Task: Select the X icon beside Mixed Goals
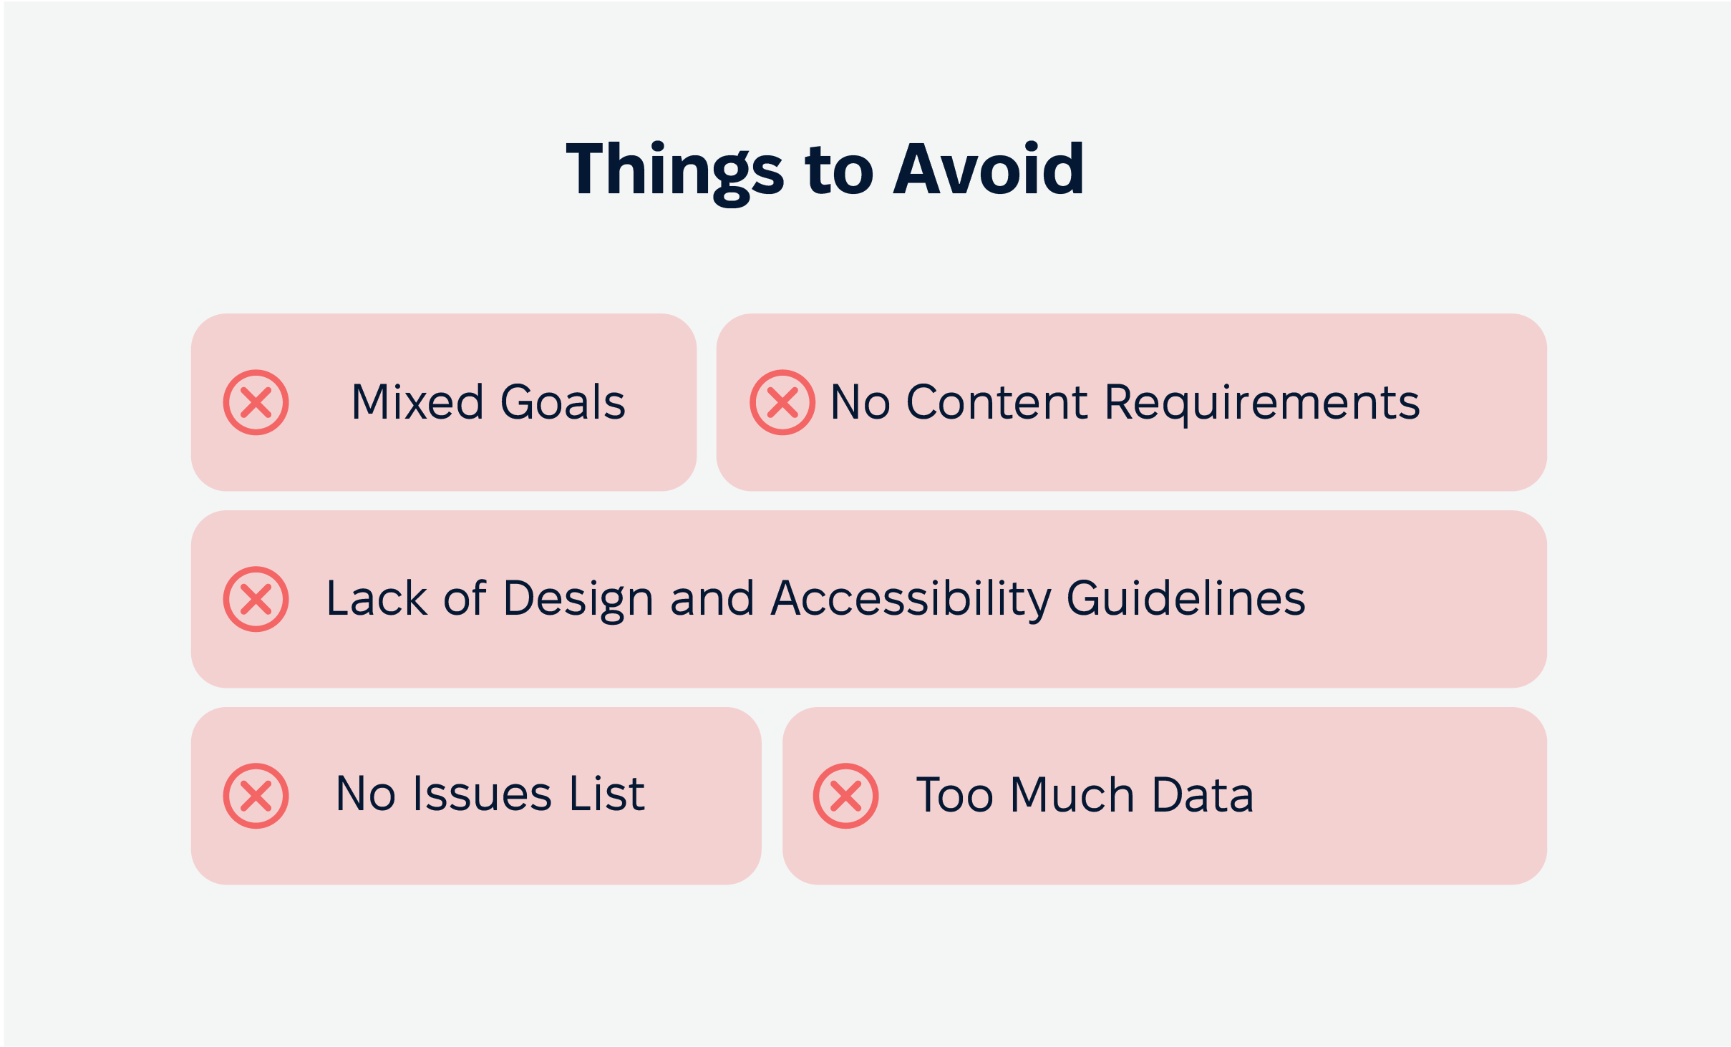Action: click(x=256, y=402)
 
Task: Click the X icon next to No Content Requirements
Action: click(x=782, y=402)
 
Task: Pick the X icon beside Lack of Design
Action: click(x=256, y=599)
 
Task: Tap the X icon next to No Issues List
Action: click(x=256, y=796)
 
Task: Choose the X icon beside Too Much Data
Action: click(x=845, y=796)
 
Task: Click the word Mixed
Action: click(x=417, y=401)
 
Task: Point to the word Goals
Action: click(x=563, y=401)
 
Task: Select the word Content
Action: click(x=997, y=401)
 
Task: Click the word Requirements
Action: click(x=1262, y=404)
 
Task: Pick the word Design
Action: click(x=578, y=600)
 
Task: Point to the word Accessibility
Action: click(x=911, y=600)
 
